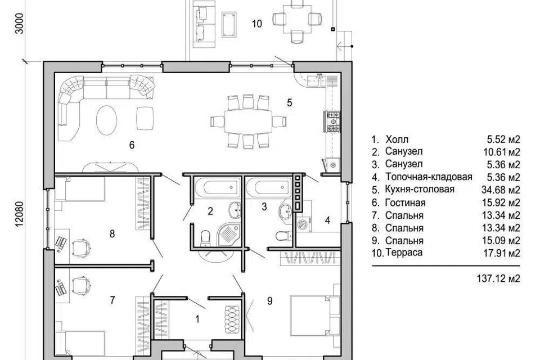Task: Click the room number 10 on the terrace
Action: click(x=257, y=24)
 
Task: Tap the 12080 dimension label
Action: click(x=20, y=214)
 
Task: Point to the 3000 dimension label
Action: click(x=20, y=24)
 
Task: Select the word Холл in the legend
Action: click(x=397, y=139)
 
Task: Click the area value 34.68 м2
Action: click(x=501, y=190)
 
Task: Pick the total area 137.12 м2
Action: click(x=498, y=278)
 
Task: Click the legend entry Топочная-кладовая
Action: click(x=429, y=177)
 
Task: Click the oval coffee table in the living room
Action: click(x=106, y=120)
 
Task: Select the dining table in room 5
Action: click(x=247, y=121)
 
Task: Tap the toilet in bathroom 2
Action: click(x=205, y=238)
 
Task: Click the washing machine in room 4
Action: click(x=303, y=223)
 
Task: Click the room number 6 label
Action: click(x=132, y=145)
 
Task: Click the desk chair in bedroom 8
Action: click(x=81, y=247)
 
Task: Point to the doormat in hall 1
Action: click(x=232, y=319)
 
